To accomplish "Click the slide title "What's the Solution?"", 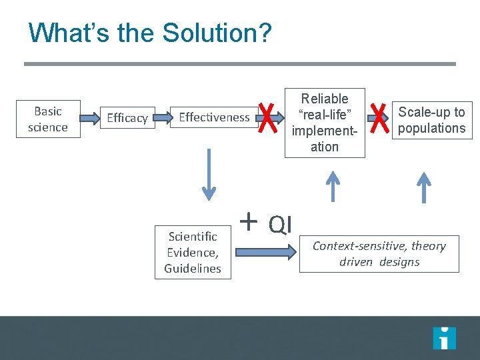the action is pos(150,33).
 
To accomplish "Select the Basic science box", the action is pos(48,119).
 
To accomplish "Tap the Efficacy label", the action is pos(127,118).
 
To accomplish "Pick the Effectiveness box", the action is pos(214,117).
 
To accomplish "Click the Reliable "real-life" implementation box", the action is pos(325,123).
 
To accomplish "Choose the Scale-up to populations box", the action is pos(431,120).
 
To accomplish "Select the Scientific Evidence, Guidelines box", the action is pos(193,252).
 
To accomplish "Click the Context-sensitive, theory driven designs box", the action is pos(379,253).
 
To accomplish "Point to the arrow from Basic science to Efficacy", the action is pos(90,119).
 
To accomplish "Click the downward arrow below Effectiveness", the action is pos(209,174).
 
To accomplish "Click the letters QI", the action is pos(280,225).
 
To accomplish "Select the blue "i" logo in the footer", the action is pos(444,338).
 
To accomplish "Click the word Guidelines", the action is pos(193,268).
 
